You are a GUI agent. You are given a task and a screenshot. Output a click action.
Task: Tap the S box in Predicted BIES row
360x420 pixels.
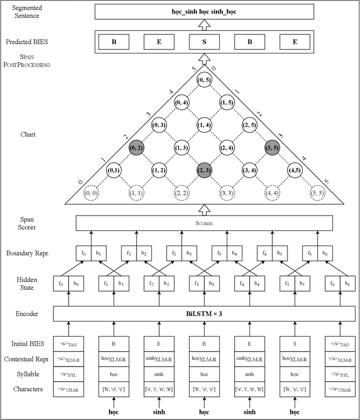click(x=204, y=41)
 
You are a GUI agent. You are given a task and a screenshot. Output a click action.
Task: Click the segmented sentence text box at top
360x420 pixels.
click(x=204, y=11)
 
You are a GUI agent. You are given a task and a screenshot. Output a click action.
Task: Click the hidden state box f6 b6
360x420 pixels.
click(x=340, y=283)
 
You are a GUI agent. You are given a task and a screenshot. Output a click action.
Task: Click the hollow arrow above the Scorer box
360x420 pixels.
click(x=204, y=209)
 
